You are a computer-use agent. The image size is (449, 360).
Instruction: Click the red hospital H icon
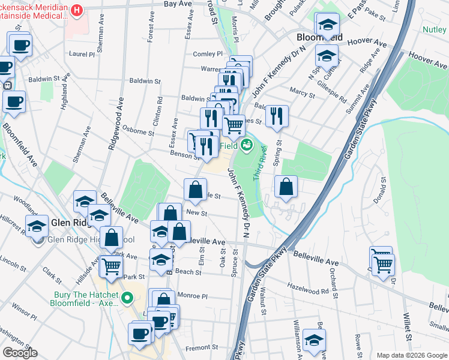pos(77,10)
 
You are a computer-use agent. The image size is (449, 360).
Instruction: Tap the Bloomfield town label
pos(319,37)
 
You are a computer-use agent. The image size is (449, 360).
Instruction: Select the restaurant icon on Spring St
pos(276,116)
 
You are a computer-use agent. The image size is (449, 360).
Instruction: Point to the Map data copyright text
pos(412,356)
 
